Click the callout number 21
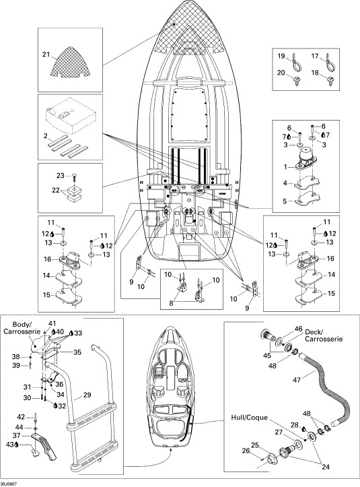point(46,55)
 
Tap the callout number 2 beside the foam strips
point(46,135)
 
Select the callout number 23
point(60,176)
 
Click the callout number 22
point(56,191)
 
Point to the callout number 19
point(281,56)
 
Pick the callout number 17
point(315,56)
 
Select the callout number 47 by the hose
point(297,379)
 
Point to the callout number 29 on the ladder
point(87,395)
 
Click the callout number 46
point(298,329)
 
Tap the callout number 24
point(325,466)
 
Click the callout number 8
point(171,303)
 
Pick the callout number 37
point(16,436)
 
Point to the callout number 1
point(285,167)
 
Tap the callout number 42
point(21,417)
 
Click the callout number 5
point(285,201)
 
